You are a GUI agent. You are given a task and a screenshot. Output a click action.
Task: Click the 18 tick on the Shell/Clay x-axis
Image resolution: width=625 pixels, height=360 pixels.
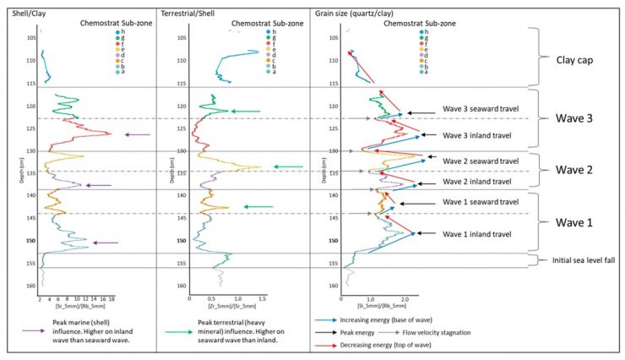click(x=111, y=298)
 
